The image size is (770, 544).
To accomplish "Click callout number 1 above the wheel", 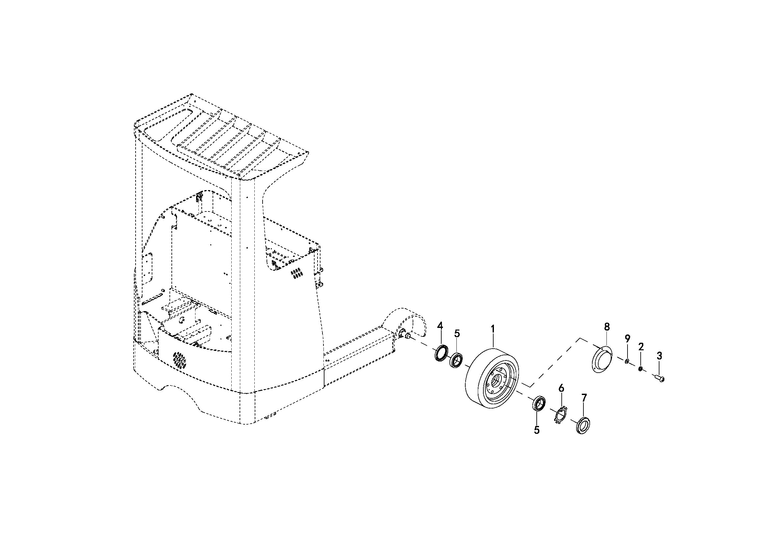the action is (x=493, y=329).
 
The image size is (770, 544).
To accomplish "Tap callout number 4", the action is (x=440, y=326).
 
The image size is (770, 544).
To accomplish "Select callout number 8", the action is (x=607, y=327).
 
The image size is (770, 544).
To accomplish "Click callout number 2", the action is (x=641, y=347).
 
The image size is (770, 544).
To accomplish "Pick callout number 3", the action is (x=659, y=356).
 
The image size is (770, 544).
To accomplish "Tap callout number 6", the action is (x=561, y=388).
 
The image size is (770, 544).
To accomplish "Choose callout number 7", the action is (x=584, y=398).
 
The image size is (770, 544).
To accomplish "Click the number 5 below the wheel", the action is (x=537, y=430).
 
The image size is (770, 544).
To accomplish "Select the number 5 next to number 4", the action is (x=457, y=334).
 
